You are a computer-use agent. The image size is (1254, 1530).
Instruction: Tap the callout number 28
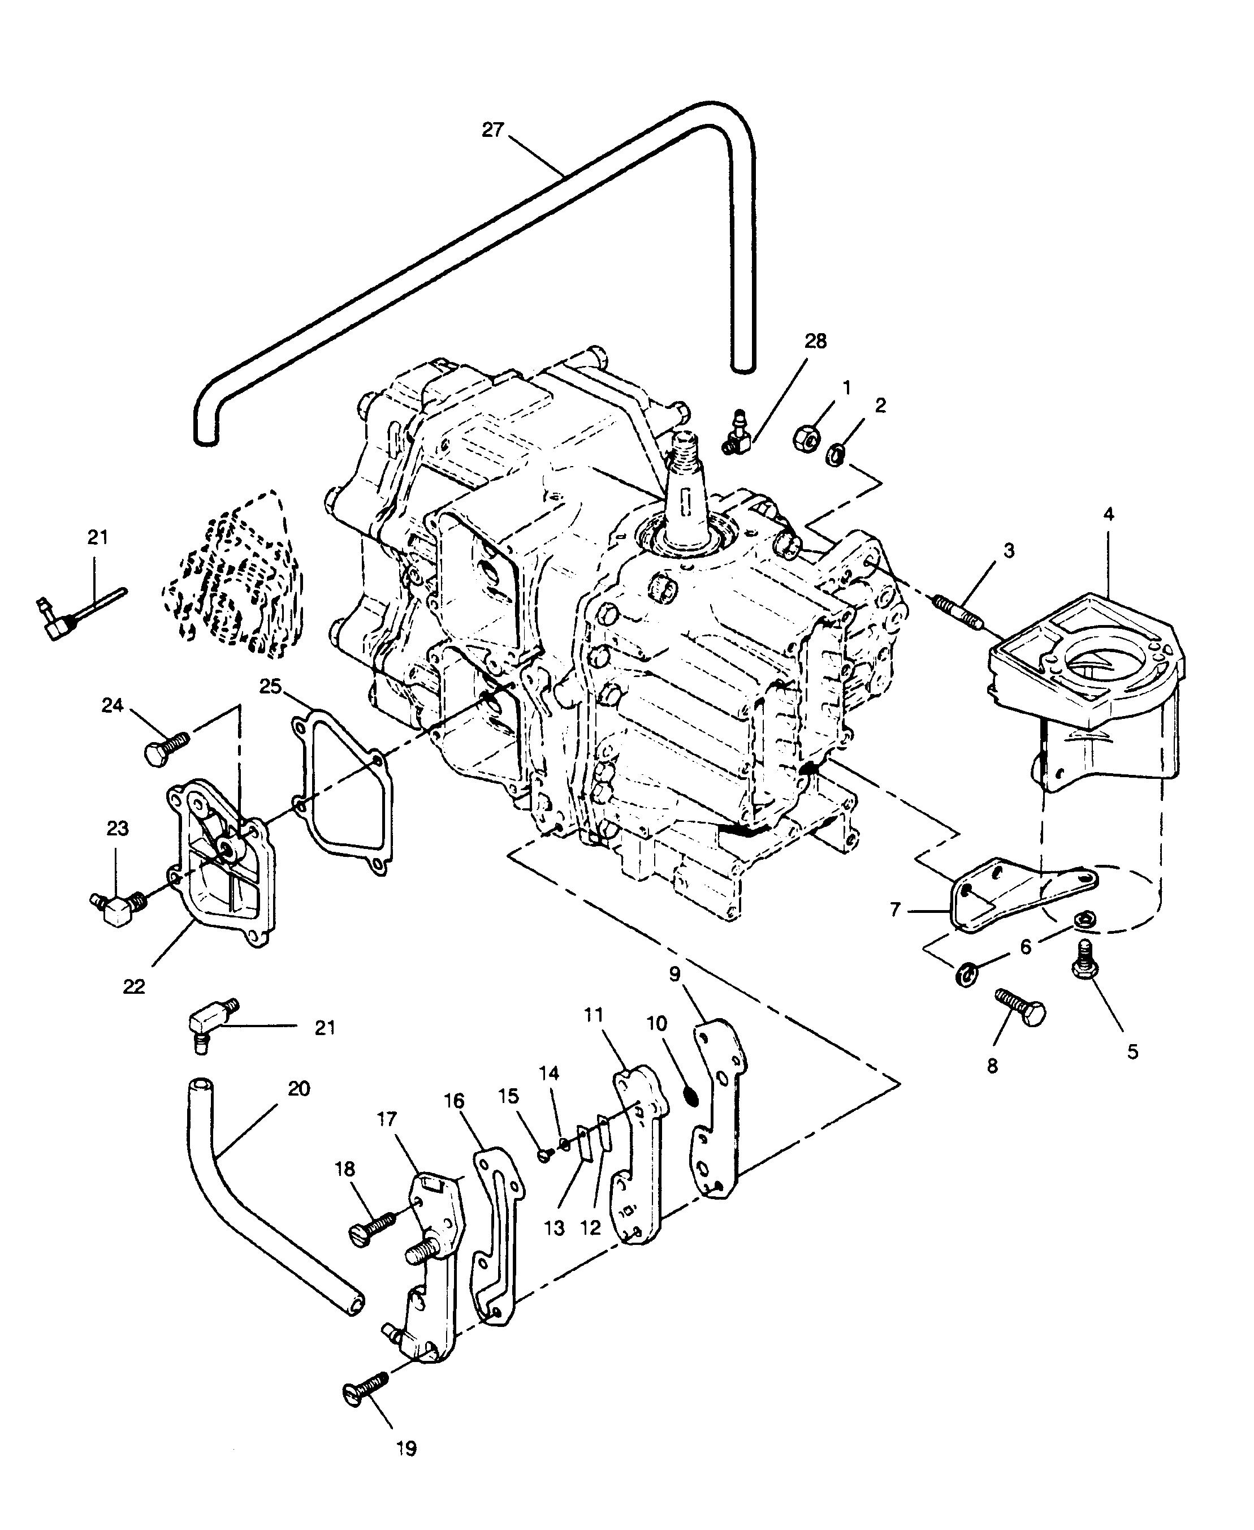coord(815,341)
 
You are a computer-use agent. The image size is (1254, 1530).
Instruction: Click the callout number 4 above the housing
coord(1109,515)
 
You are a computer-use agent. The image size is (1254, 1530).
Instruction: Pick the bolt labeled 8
coord(1020,1006)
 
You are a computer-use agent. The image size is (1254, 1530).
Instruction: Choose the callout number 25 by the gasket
coord(270,686)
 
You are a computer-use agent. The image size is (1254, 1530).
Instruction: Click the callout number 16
coord(453,1101)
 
